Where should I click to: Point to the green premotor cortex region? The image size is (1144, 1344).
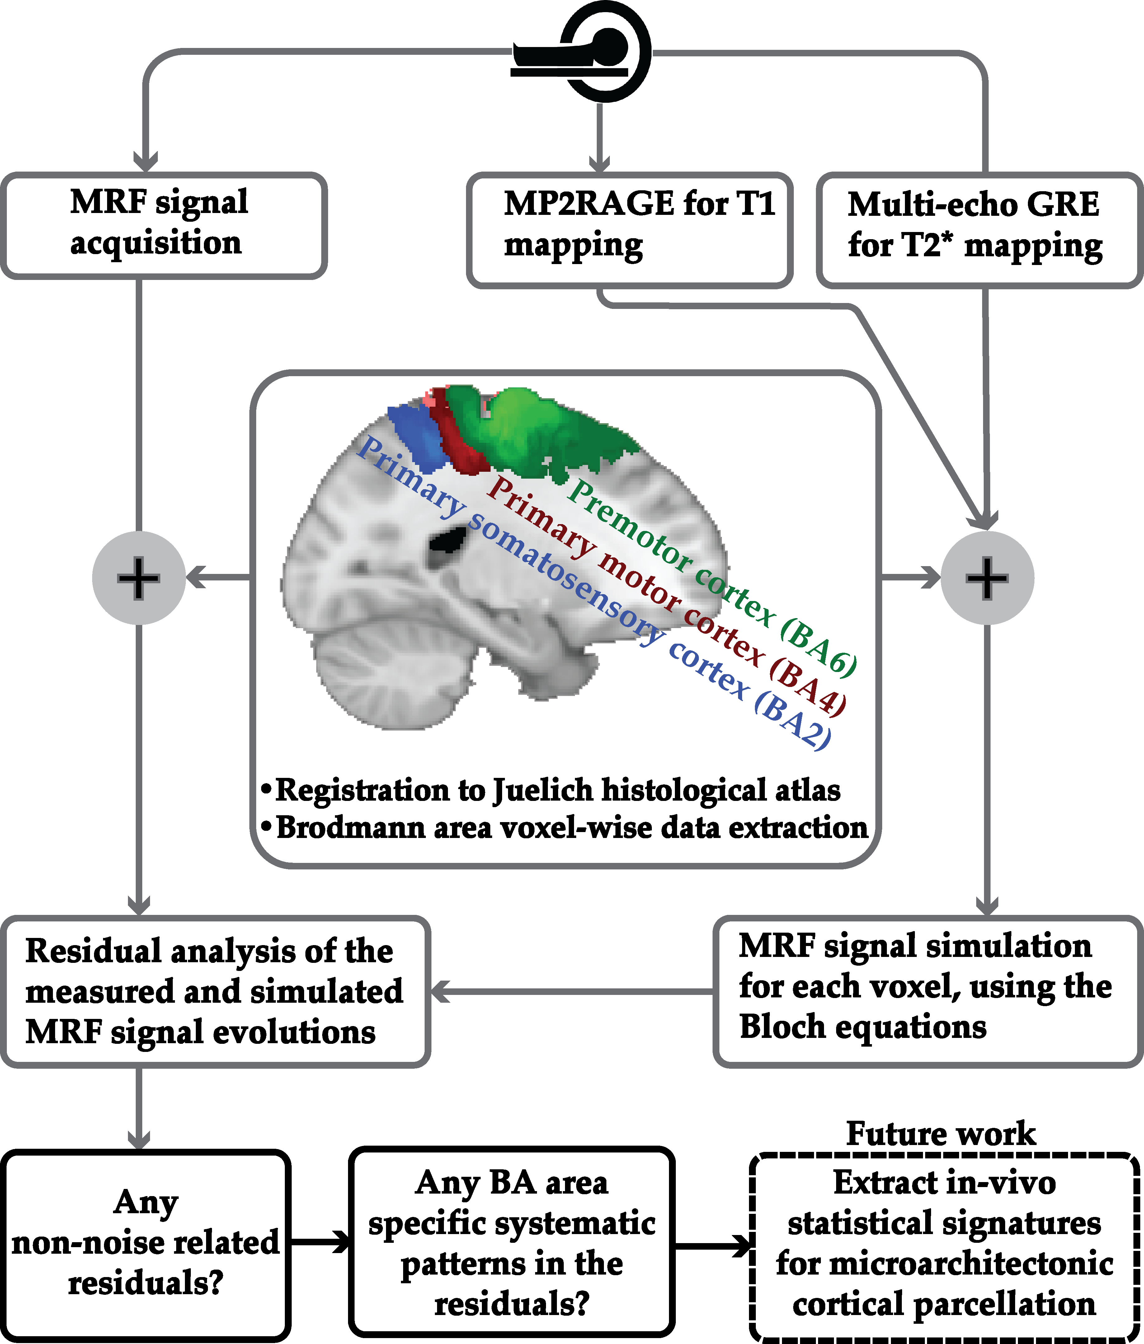[538, 428]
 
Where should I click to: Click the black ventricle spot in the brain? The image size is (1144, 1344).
[448, 542]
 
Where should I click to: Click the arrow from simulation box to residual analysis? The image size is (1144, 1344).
[571, 991]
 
